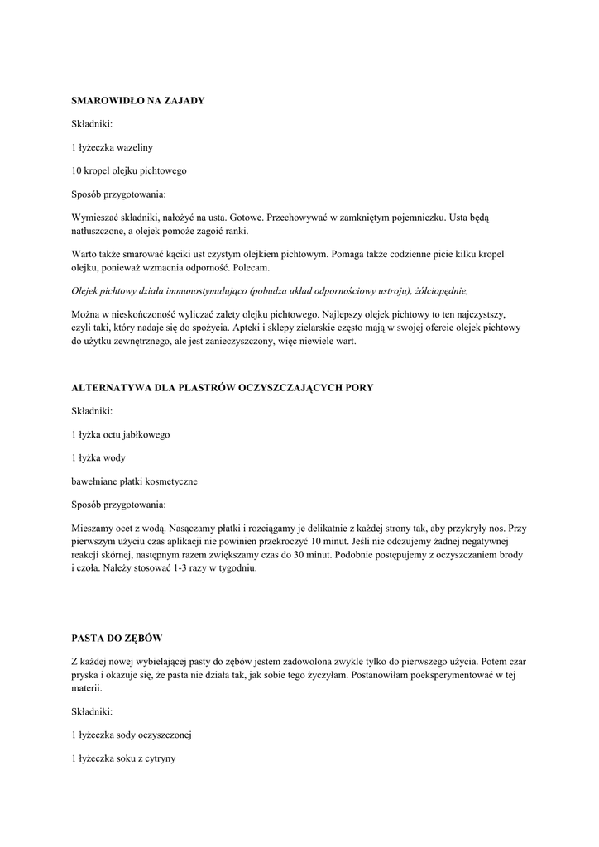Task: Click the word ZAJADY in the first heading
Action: tap(181, 100)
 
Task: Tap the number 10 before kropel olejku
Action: tap(77, 171)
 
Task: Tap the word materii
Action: tap(87, 687)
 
